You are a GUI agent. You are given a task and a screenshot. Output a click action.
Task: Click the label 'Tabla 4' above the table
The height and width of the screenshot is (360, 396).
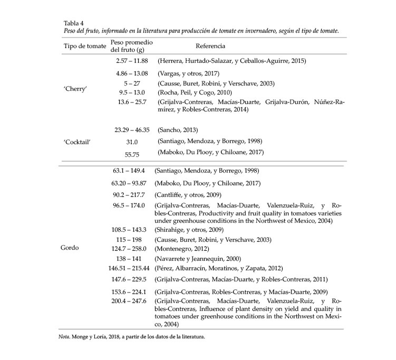74,23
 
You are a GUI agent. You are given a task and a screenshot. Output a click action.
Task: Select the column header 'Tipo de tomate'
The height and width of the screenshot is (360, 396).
85,46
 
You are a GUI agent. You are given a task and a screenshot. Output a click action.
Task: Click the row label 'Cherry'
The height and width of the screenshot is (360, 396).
76,88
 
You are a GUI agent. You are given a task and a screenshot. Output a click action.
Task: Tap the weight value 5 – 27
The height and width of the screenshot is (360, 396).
131,83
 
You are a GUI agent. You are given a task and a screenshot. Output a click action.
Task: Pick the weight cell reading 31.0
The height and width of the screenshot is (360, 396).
131,141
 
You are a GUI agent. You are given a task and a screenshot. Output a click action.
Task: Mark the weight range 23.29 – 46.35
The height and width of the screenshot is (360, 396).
132,129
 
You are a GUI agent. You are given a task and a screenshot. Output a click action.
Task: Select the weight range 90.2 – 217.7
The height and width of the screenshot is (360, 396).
130,195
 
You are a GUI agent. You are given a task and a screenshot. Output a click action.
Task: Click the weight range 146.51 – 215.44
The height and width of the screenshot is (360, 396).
129,268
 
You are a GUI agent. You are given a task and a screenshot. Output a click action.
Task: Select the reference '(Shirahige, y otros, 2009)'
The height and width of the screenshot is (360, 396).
189,230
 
